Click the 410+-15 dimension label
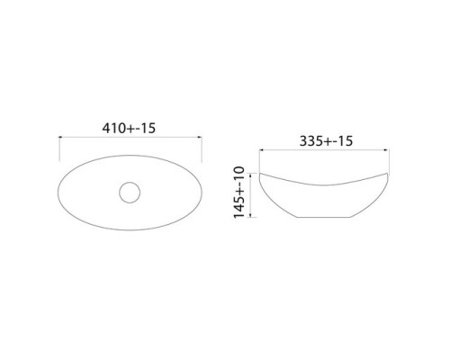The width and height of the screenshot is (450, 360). pos(129,129)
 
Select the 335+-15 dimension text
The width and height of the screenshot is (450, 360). pos(326,141)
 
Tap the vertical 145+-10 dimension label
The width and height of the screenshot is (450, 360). pos(239,192)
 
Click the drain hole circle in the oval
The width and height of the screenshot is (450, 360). pos(130,193)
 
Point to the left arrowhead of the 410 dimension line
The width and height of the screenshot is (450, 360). pos(60,137)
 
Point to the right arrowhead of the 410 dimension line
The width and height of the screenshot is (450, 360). pos(200,137)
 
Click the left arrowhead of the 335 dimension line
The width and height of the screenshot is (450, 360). pos(261,149)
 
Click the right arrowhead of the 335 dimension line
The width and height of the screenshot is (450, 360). pos(387,149)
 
